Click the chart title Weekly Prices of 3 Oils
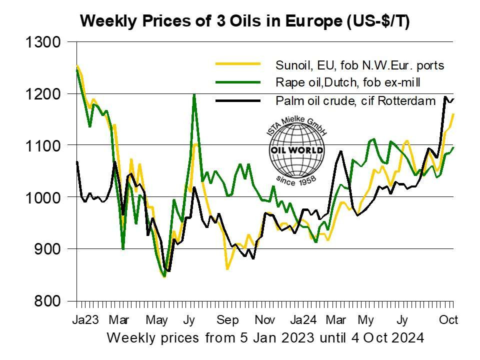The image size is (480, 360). [245, 21]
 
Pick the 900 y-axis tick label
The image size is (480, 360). [47, 249]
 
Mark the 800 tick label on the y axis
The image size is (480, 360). [47, 301]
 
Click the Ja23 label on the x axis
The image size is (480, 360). [86, 319]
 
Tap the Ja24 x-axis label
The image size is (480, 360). [304, 319]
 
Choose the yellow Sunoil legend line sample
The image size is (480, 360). [238, 64]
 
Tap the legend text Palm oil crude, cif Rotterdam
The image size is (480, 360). [355, 100]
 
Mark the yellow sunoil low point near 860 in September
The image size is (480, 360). [227, 269]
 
